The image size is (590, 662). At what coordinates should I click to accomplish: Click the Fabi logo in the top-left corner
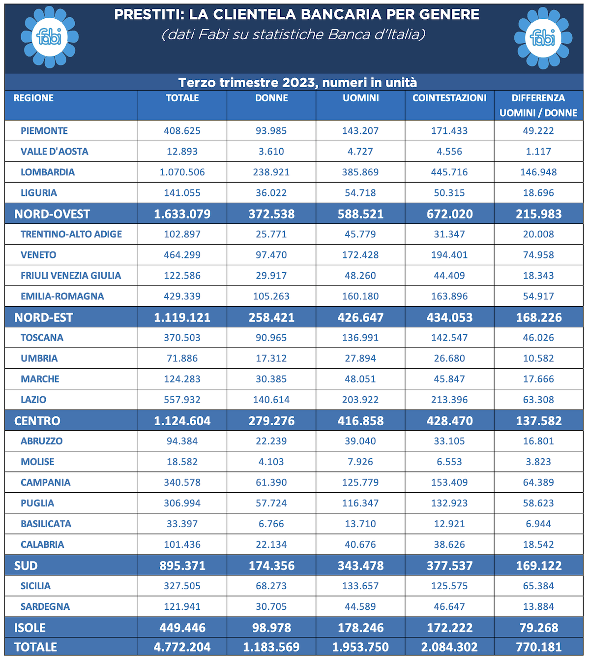50,37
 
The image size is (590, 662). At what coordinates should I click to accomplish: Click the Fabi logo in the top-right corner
543,38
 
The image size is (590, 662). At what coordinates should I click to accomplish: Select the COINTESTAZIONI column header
449,98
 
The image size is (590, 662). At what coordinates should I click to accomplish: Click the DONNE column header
271,98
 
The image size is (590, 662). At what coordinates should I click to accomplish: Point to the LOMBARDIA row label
48,172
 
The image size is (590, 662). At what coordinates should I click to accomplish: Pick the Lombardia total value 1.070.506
182,172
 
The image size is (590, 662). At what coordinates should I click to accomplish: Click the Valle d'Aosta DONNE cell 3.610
271,152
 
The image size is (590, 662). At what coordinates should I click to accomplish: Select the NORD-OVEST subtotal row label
52,214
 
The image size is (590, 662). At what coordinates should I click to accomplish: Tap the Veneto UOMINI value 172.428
360,255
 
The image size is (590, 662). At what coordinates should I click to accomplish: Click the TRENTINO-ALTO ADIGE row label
71,234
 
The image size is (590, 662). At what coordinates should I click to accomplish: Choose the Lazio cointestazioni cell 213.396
449,400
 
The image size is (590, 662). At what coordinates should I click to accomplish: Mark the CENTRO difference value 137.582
539,421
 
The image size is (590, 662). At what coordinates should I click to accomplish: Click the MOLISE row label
37,462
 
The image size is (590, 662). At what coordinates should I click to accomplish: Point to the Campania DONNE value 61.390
271,483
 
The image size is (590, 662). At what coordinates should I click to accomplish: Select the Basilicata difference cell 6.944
538,524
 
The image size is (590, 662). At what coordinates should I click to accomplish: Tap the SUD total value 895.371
182,566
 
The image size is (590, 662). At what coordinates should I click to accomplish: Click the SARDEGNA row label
45,606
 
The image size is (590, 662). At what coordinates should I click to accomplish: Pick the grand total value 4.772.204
182,647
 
